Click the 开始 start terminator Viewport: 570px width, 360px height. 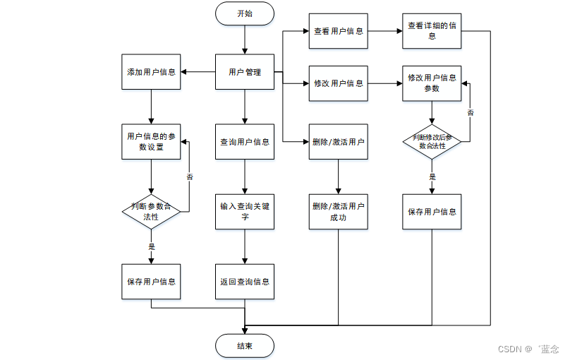[245, 13]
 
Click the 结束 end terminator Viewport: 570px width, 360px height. [245, 345]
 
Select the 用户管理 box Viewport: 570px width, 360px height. [245, 72]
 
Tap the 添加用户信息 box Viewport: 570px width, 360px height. [151, 72]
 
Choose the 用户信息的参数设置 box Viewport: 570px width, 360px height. [151, 142]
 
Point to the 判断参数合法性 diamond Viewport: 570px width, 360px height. [151, 212]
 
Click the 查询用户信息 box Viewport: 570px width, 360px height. [245, 142]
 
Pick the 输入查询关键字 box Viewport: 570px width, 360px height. [245, 212]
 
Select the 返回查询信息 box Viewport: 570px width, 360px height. [245, 282]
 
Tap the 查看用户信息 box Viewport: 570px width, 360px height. [339, 31]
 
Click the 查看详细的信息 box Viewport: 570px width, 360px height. [432, 31]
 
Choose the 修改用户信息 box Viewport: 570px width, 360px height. [339, 83]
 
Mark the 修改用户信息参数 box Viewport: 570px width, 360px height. [432, 83]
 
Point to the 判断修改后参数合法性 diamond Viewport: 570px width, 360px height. [432, 140]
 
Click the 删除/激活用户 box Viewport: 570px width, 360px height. [339, 142]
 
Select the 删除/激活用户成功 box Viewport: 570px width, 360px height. [339, 212]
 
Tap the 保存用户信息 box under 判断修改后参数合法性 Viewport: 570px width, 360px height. [432, 212]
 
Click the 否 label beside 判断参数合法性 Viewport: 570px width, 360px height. [189, 177]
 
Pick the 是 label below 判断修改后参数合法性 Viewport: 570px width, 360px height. [432, 177]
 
